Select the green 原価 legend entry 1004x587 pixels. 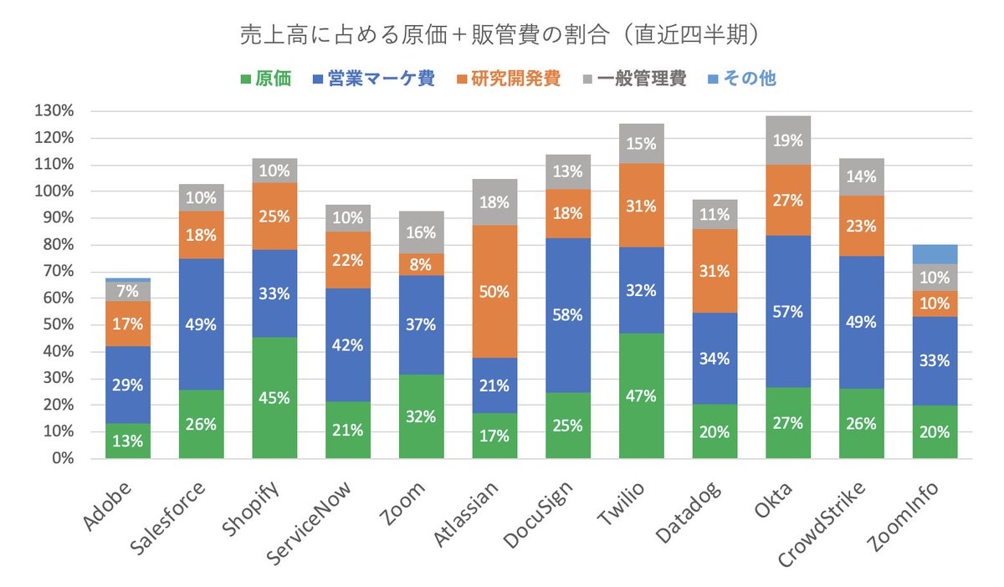tap(266, 79)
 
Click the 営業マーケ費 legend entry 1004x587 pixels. tap(372, 79)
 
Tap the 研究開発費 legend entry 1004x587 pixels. tap(507, 79)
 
